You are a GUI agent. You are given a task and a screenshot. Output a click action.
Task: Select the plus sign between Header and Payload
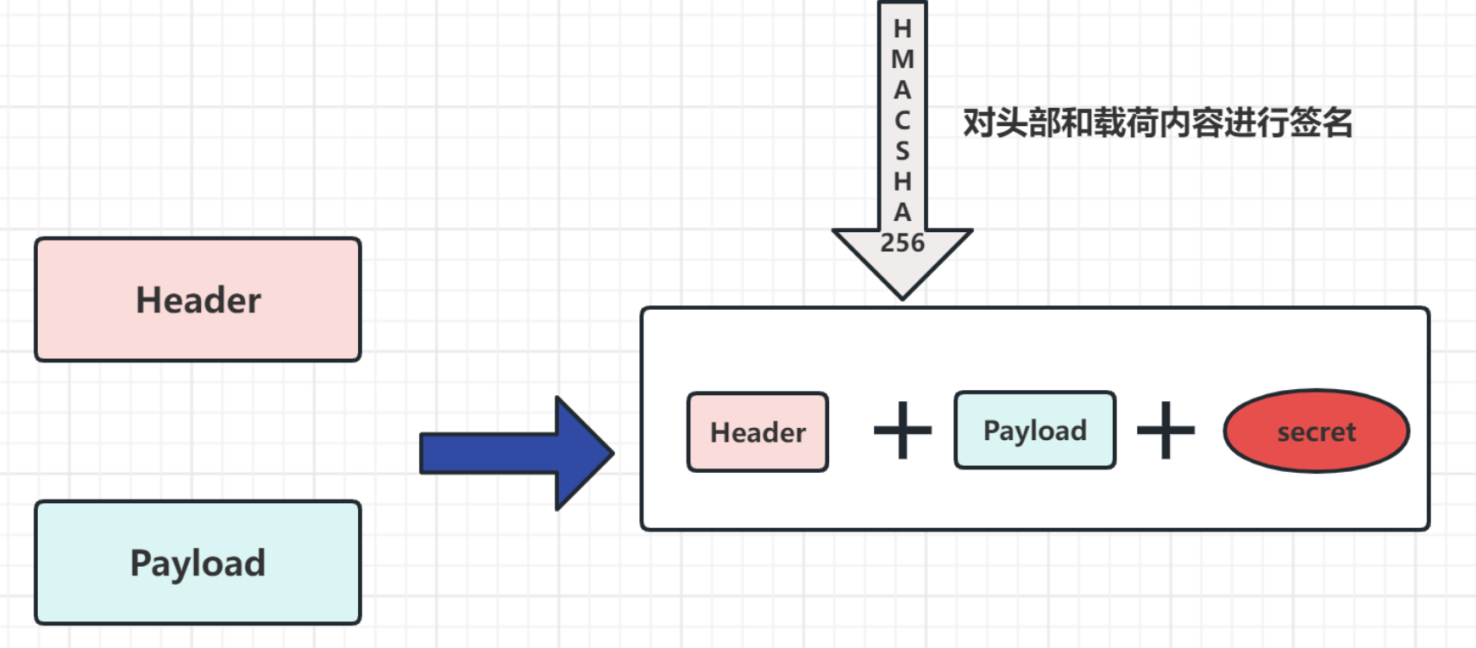point(902,430)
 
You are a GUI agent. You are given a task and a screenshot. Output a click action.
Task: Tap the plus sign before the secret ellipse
point(1165,430)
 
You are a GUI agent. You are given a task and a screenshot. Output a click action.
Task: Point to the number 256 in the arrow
point(902,243)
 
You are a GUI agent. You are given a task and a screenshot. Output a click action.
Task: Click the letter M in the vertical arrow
point(902,60)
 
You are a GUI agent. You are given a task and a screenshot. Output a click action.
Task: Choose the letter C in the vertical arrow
point(902,121)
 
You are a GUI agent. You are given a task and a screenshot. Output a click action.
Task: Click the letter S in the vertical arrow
point(902,151)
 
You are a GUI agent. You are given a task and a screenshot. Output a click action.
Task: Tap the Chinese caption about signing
point(1157,123)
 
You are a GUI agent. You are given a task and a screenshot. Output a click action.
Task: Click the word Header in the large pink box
point(198,300)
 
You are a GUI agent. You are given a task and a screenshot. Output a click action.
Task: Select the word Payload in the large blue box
point(198,563)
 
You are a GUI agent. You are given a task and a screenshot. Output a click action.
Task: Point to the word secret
point(1316,431)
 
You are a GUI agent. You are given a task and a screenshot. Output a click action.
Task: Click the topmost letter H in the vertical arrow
point(902,28)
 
